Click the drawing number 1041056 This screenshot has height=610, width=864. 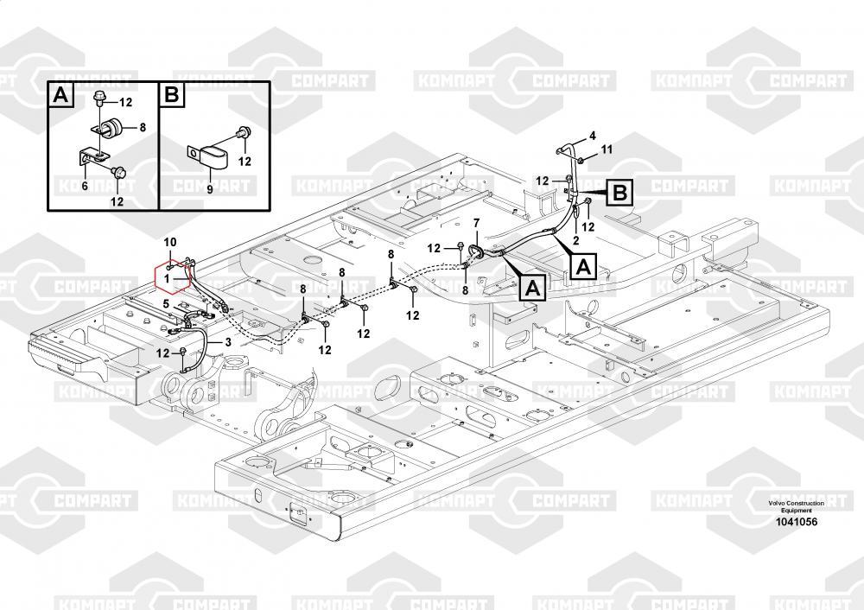tap(797, 522)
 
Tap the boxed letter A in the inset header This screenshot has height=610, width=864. tap(60, 95)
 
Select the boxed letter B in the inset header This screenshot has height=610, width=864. tap(171, 95)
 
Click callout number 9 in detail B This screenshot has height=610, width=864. tap(209, 189)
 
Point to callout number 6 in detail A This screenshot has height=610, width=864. tap(85, 187)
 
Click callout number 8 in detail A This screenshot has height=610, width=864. tap(143, 128)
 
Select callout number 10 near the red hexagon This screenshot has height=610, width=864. tap(170, 243)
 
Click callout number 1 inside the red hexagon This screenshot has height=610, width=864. tap(167, 279)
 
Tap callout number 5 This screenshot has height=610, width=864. tap(166, 303)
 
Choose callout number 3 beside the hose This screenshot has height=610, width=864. tap(228, 342)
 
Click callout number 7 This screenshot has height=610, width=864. tap(477, 223)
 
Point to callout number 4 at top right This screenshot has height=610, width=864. tap(593, 136)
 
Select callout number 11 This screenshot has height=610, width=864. tap(607, 149)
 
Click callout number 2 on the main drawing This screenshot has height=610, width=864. tap(575, 240)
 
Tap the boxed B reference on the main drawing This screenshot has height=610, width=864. tap(619, 193)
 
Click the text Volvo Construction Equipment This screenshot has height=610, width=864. tap(797, 507)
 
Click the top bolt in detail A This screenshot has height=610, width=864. tap(100, 98)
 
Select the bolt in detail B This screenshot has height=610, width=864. tap(243, 132)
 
